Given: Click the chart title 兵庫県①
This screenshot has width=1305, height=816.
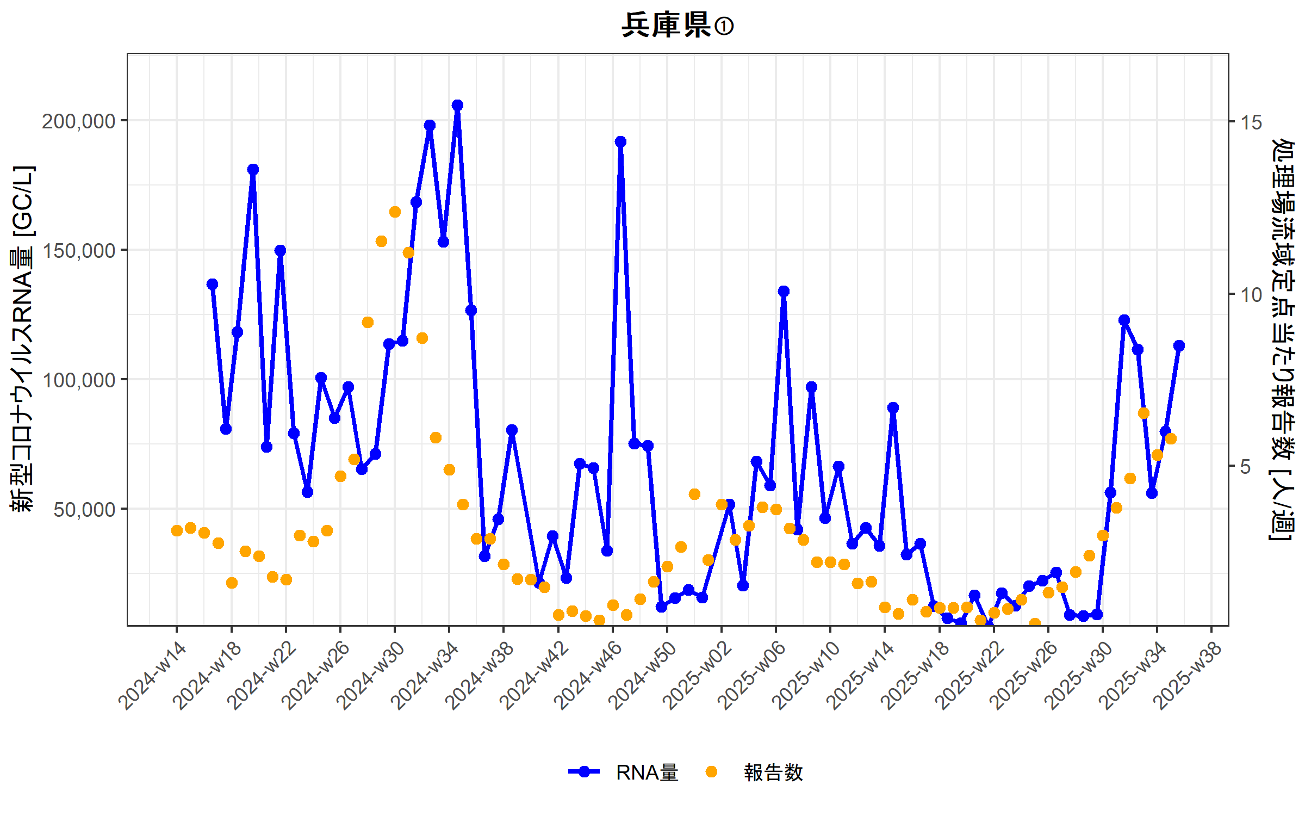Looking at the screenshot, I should [677, 26].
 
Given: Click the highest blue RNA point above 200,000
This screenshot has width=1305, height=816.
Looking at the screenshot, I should [457, 105].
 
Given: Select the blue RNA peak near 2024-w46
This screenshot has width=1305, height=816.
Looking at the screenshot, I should [620, 141].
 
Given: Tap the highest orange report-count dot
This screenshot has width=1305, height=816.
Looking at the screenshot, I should [395, 212].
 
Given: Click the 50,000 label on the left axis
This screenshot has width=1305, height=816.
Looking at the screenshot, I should [85, 510].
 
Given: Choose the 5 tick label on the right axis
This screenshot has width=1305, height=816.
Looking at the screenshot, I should [1246, 467].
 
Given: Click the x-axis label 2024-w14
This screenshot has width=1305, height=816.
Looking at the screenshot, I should [153, 676].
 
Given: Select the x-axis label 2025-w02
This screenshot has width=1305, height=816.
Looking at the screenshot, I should [698, 676].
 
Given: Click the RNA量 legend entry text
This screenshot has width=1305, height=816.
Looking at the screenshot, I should [647, 772].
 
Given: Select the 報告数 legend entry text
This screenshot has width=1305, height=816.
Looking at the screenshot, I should [773, 772].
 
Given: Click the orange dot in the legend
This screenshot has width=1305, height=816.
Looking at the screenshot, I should [711, 772].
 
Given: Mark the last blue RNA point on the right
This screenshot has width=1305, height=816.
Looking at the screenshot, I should [1179, 345].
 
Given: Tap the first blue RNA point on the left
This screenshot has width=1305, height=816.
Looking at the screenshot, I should [212, 284].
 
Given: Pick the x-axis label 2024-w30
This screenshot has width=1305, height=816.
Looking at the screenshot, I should [371, 676].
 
